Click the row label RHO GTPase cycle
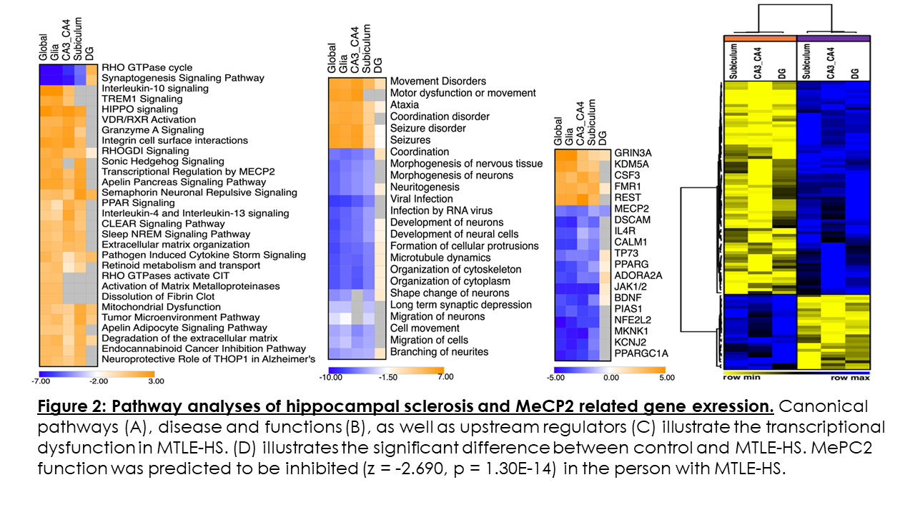point(147,68)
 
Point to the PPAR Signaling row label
point(138,203)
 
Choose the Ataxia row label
point(405,104)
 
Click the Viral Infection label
point(421,199)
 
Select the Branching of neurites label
point(439,352)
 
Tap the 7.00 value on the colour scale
point(445,377)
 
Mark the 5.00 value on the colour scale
point(668,377)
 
